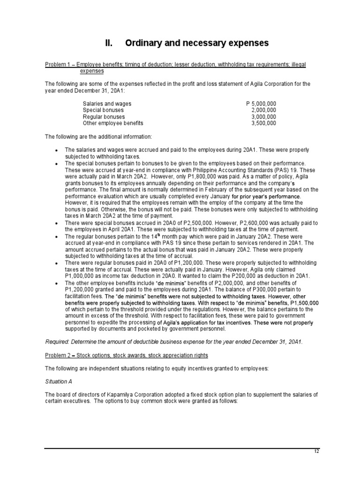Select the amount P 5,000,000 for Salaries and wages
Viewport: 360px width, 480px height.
pyautogui.click(x=261, y=104)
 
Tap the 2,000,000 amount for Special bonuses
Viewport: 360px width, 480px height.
pyautogui.click(x=264, y=110)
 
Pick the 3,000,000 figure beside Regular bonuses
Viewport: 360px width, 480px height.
pyautogui.click(x=264, y=117)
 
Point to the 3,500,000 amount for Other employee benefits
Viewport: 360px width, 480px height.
pyautogui.click(x=264, y=123)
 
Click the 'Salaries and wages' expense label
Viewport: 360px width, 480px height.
pyautogui.click(x=107, y=104)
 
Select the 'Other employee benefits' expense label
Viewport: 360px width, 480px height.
pyautogui.click(x=113, y=123)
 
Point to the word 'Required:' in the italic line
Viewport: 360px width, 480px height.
pyautogui.click(x=57, y=342)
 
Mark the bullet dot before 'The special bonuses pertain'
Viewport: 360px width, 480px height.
pyautogui.click(x=56, y=164)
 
